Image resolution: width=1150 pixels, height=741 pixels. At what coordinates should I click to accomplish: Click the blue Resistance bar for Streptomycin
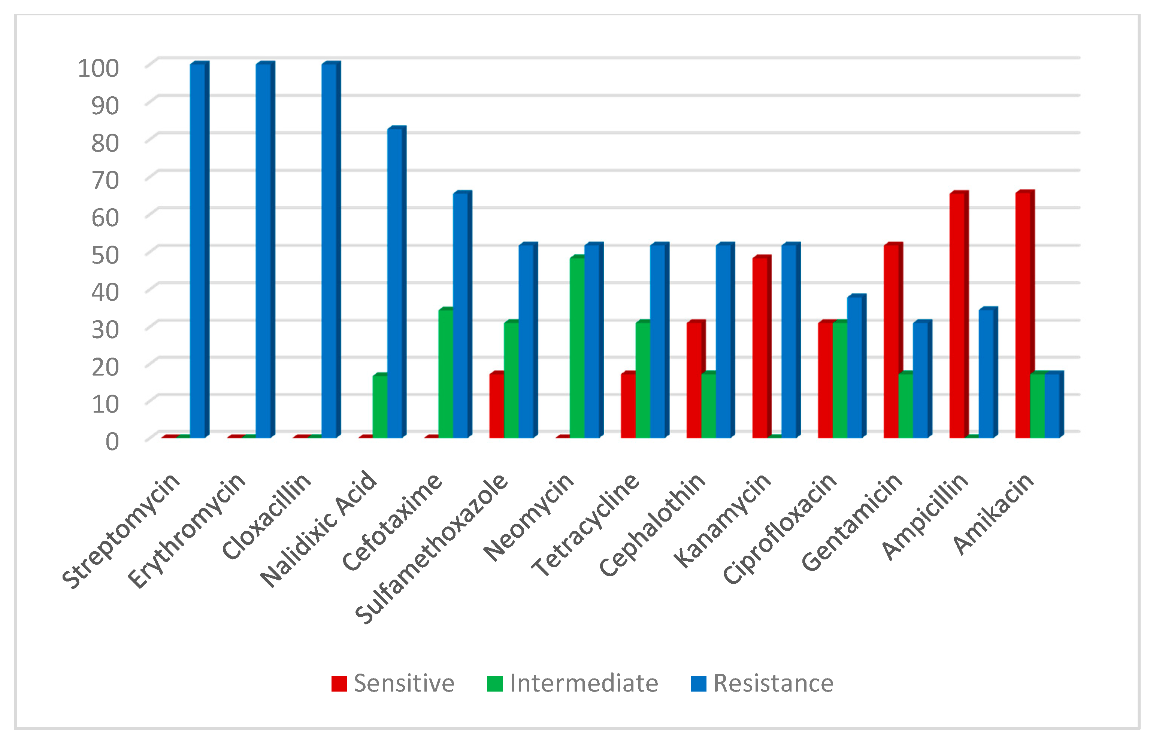(197, 250)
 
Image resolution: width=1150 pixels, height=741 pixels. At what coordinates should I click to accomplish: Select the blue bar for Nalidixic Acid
(395, 284)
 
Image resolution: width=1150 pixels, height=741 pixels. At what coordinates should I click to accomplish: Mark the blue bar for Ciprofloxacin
(855, 368)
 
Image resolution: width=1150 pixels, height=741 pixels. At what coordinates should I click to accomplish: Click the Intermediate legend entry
(573, 683)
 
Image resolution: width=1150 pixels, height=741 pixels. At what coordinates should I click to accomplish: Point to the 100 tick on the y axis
(98, 68)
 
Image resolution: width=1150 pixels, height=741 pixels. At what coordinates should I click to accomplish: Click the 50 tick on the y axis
(105, 255)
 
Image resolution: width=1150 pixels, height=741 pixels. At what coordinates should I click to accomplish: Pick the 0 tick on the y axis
(112, 441)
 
